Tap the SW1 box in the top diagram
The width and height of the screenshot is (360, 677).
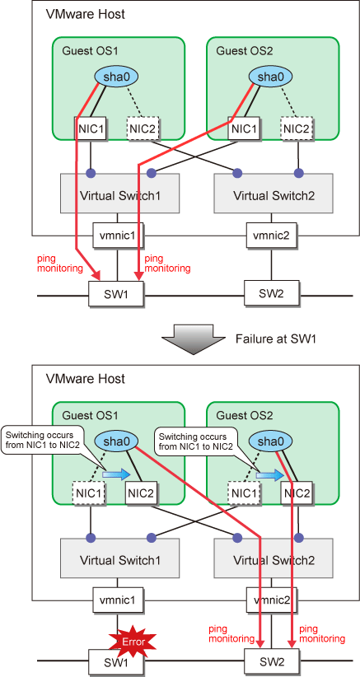116,294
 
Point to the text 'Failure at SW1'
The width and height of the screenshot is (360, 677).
276,338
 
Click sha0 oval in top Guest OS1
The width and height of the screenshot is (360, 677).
115,77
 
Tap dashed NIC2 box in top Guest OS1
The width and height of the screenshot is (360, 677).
143,128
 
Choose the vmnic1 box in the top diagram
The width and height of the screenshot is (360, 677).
117,236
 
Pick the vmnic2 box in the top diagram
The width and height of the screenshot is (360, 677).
272,236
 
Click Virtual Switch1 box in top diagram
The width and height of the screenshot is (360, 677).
120,194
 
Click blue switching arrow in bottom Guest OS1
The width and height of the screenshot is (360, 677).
115,474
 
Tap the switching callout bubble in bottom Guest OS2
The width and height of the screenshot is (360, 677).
196,441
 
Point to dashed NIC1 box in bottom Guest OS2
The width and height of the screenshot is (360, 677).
245,493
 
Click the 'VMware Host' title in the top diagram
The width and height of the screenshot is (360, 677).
85,14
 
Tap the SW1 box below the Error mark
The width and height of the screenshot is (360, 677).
116,662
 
